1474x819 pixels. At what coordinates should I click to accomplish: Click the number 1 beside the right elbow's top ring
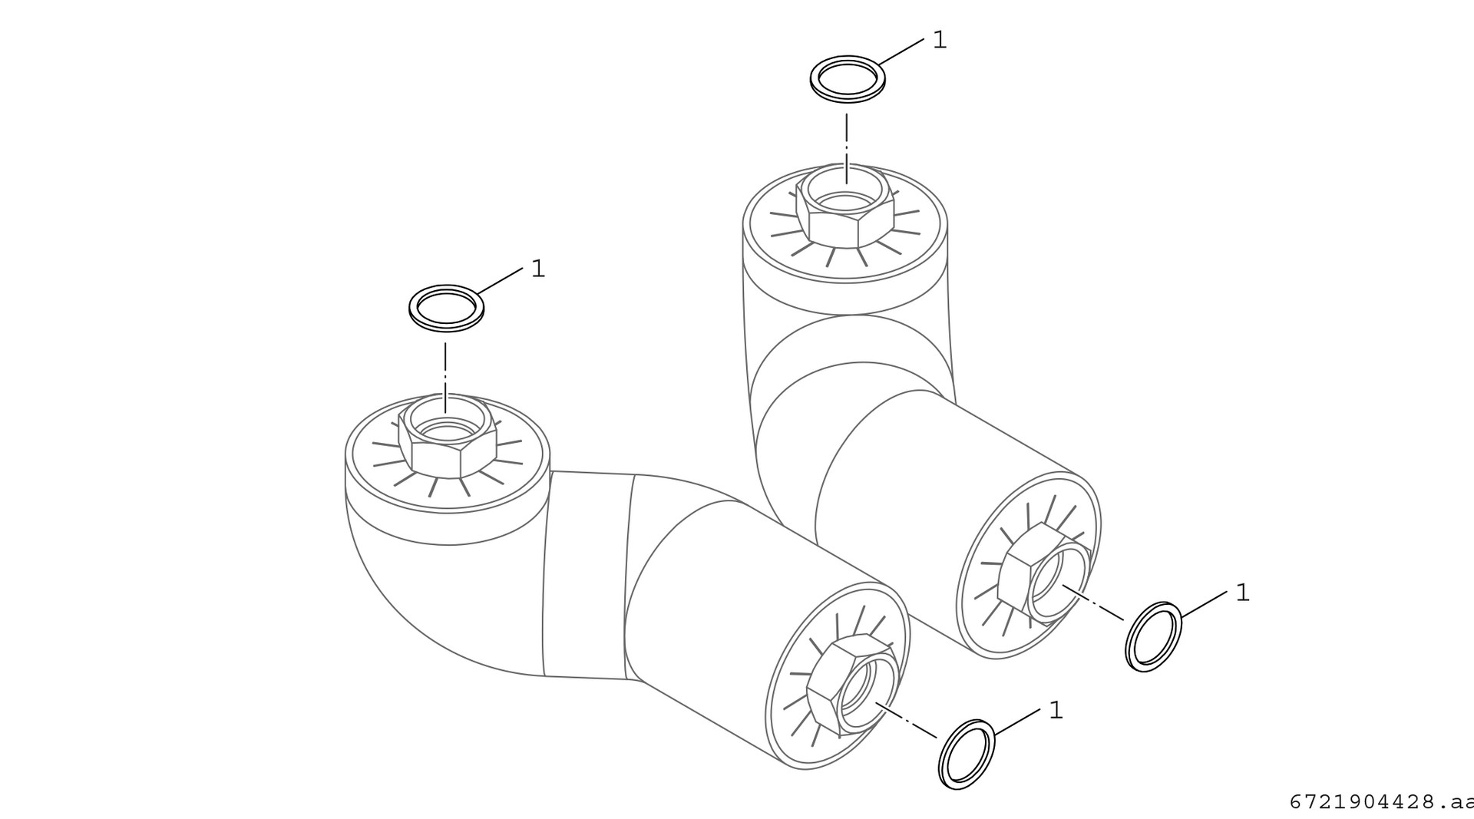coord(940,40)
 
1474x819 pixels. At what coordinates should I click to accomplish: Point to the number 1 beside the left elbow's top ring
coord(538,269)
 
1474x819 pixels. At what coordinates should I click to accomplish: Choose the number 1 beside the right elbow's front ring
coord(1243,593)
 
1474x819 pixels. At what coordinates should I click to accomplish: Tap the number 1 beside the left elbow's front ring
coord(1056,710)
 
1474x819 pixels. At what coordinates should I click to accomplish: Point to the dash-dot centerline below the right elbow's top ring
coord(847,148)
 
